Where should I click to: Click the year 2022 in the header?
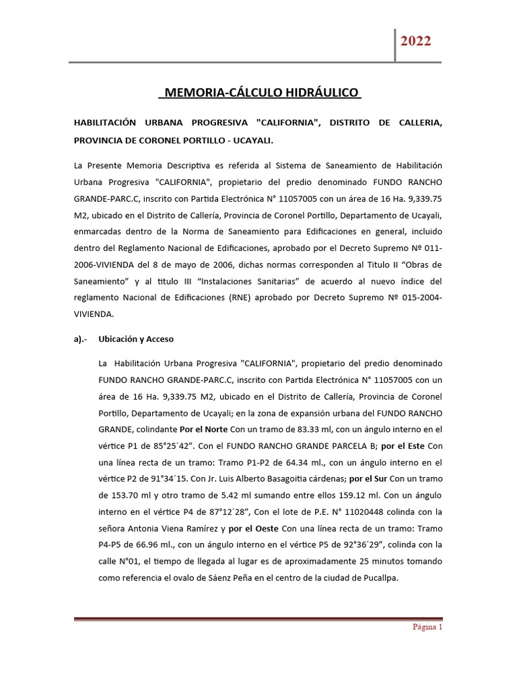[415, 41]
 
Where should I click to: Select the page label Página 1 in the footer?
[427, 627]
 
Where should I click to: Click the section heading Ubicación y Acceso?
[136, 339]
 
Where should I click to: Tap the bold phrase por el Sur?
[367, 478]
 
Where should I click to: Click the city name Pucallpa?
[380, 577]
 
